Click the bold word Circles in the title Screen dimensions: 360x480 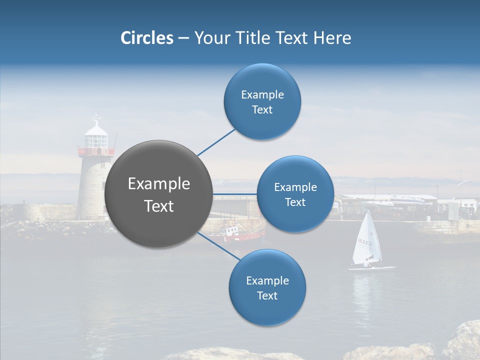pyautogui.click(x=146, y=38)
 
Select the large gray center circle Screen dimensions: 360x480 pyautogui.click(x=158, y=194)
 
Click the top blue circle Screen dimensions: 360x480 pyautogui.click(x=262, y=102)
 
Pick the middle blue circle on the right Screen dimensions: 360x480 pyautogui.click(x=295, y=194)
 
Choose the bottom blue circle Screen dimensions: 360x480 pyautogui.click(x=267, y=288)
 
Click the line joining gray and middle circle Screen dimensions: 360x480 pyautogui.click(x=234, y=194)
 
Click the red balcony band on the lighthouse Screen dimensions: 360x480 pyautogui.click(x=95, y=151)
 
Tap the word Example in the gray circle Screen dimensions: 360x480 pyautogui.click(x=158, y=184)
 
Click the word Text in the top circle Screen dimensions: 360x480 pyautogui.click(x=262, y=110)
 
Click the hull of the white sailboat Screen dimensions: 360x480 pyautogui.click(x=372, y=268)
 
